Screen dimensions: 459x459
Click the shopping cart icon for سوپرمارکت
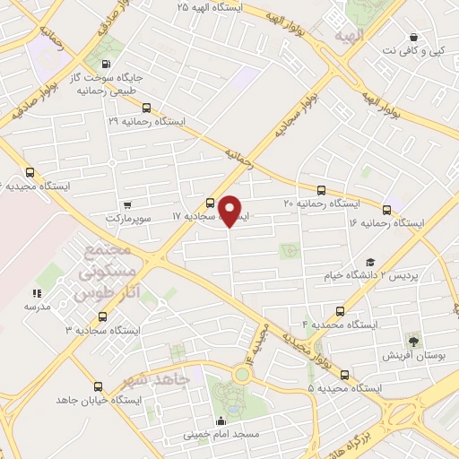127,204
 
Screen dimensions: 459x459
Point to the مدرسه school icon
38,293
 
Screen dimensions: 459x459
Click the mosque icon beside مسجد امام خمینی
221,421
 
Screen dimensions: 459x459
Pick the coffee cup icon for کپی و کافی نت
413,37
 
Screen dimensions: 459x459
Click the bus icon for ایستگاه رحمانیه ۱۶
387,208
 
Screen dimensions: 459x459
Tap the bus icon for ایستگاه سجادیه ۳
102,316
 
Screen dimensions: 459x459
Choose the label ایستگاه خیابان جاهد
98,399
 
